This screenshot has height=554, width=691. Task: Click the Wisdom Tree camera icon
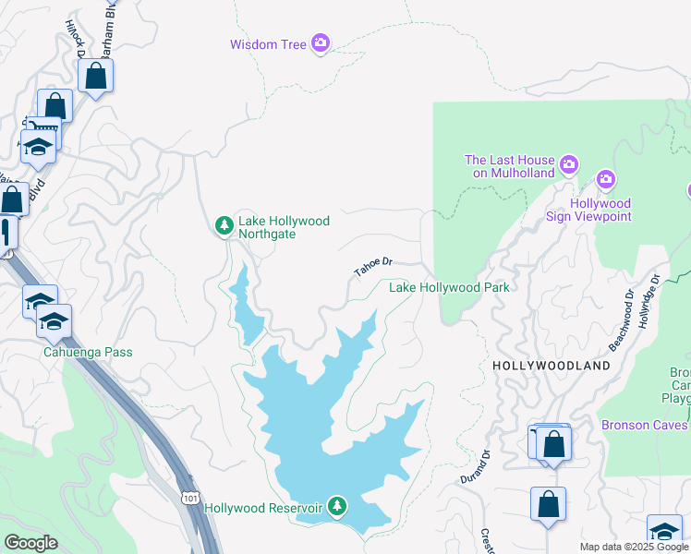321,42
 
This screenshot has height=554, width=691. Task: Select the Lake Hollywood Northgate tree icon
224,225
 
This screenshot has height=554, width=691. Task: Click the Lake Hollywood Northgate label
284,227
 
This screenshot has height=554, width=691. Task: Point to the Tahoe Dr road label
373,267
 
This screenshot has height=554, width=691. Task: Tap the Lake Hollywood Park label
449,288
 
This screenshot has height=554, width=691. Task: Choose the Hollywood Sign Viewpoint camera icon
606,179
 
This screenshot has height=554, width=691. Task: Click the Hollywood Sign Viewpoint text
600,210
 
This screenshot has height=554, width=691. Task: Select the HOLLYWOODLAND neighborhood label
551,366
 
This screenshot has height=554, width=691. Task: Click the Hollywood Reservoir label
262,508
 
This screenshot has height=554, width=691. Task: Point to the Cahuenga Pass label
88,353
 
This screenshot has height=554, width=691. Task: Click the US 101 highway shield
189,498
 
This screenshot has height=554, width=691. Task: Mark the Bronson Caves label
644,425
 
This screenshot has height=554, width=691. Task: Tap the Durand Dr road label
473,467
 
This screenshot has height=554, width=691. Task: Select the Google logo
30,543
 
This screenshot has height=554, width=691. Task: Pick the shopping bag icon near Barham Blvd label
96,76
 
